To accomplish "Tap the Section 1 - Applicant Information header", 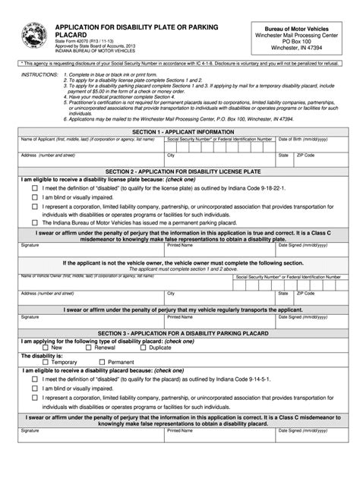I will click(180, 132).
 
